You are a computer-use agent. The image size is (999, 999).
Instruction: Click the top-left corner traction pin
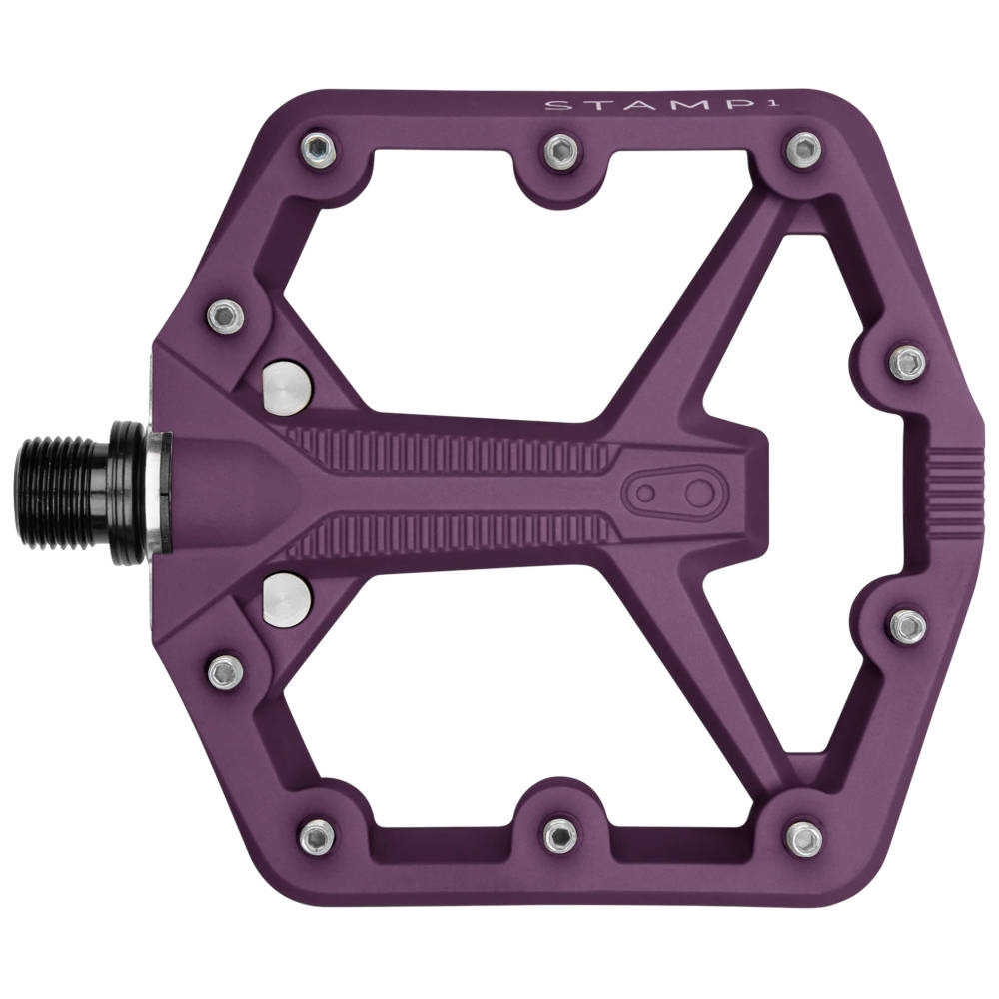tap(318, 150)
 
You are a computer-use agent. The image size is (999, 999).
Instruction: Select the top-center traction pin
tap(561, 151)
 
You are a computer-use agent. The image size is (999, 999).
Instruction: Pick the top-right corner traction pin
tap(804, 150)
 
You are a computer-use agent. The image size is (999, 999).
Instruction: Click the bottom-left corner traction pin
tap(318, 835)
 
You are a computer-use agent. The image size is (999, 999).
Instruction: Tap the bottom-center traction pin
tap(561, 834)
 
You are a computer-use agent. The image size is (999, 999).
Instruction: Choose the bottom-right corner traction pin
tap(804, 835)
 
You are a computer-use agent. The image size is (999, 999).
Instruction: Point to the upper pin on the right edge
tap(907, 363)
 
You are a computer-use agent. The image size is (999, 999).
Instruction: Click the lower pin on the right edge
tap(907, 624)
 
